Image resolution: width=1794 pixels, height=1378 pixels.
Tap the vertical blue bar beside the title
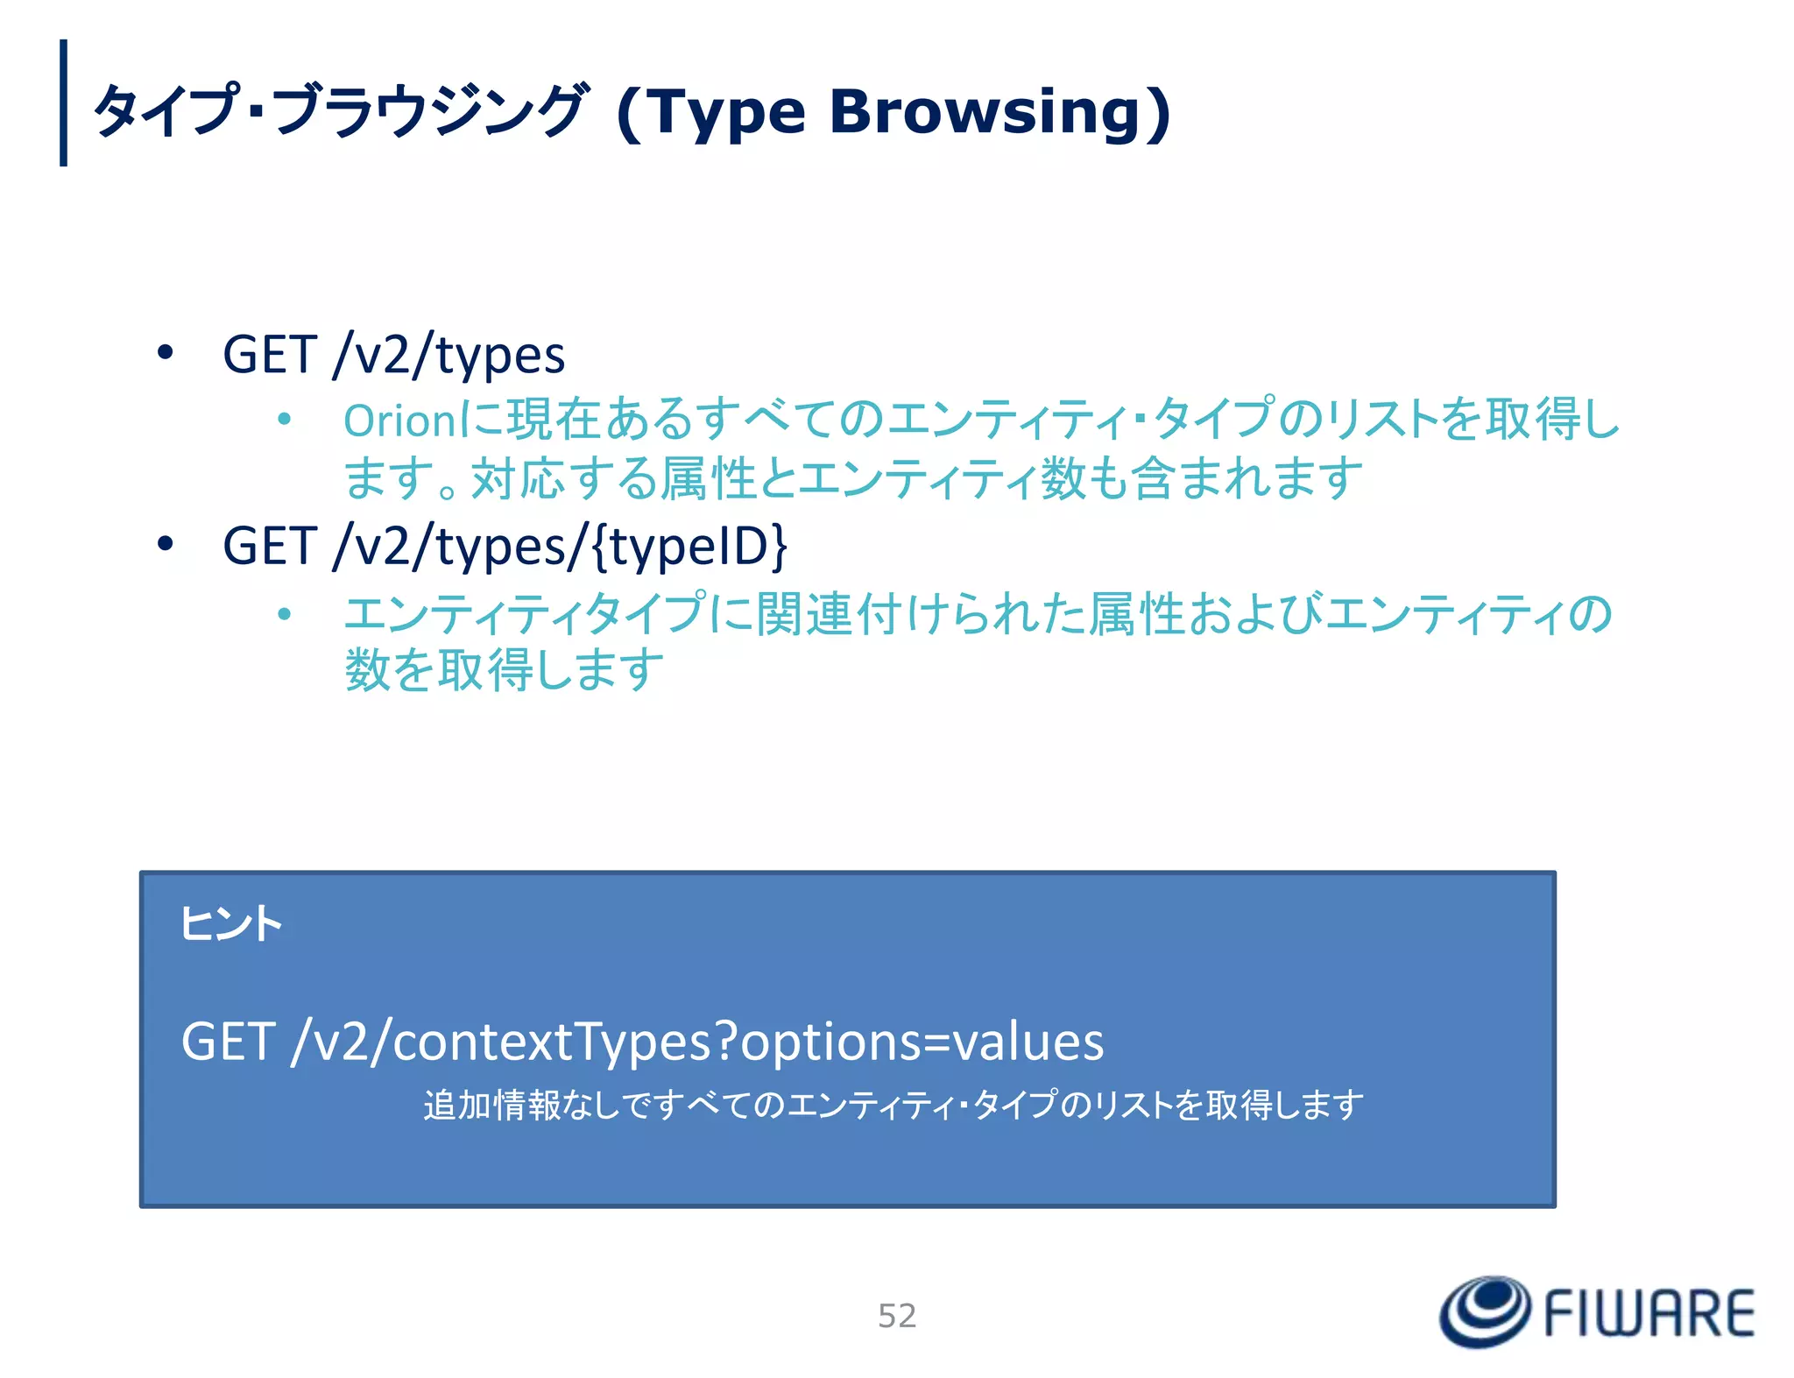click(x=63, y=102)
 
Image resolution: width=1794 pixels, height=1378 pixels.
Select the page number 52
click(x=897, y=1316)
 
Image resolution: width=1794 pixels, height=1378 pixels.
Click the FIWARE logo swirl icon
click(x=1485, y=1311)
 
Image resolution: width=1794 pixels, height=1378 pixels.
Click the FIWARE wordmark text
click(x=1649, y=1314)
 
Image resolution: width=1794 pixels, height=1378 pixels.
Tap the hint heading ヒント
click(x=230, y=924)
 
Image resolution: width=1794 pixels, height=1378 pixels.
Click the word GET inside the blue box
click(x=229, y=1042)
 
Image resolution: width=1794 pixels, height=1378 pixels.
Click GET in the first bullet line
click(x=270, y=355)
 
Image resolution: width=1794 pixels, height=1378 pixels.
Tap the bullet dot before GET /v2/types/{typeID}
click(x=166, y=545)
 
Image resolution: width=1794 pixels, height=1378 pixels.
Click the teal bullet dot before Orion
click(x=284, y=420)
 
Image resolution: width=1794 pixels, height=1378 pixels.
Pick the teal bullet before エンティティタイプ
click(x=284, y=614)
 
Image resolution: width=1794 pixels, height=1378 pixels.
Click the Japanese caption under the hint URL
click(x=893, y=1106)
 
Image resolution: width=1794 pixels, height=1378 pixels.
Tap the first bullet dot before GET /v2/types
click(x=166, y=353)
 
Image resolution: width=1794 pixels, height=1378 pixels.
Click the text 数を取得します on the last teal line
click(x=505, y=670)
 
